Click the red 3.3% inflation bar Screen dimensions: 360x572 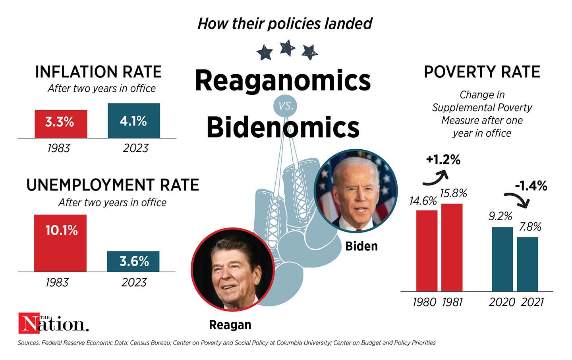tap(61, 124)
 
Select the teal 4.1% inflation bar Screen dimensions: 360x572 tap(134, 121)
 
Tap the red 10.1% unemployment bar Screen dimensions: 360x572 tap(60, 243)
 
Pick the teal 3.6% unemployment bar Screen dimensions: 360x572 tap(133, 261)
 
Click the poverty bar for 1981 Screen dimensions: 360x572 tap(452, 247)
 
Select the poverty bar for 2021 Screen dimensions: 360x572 tap(527, 264)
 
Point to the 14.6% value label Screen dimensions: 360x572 tap(423, 201)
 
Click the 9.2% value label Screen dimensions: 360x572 tap(500, 216)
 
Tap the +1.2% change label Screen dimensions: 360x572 tap(443, 160)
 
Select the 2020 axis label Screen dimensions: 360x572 tap(502, 302)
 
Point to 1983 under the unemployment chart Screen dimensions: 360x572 tap(57, 282)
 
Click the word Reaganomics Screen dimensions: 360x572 tap(282, 80)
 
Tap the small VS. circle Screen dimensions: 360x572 tap(286, 106)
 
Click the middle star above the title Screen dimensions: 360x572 tap(287, 48)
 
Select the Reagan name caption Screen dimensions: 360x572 tap(230, 325)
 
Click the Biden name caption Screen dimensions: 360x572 tap(361, 246)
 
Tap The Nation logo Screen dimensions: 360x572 tap(53, 323)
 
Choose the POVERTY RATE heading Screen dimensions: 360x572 tap(482, 72)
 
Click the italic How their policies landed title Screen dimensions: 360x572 tap(285, 23)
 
